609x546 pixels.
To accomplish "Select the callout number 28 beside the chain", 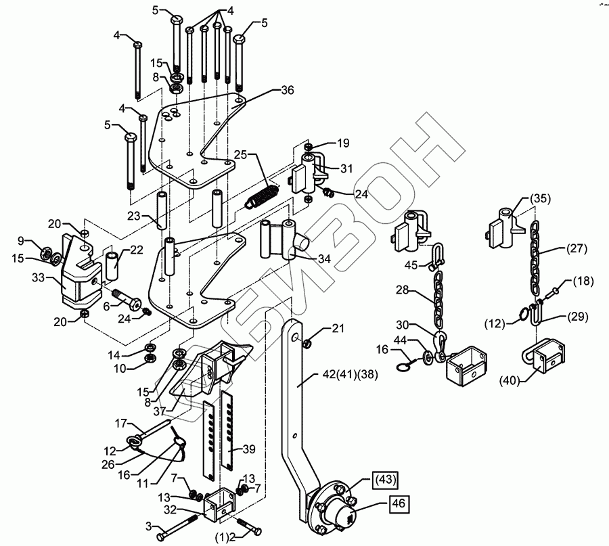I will tap(404, 291).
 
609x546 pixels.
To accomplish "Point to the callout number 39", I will tap(250, 448).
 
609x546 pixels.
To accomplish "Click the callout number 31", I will tap(347, 167).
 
